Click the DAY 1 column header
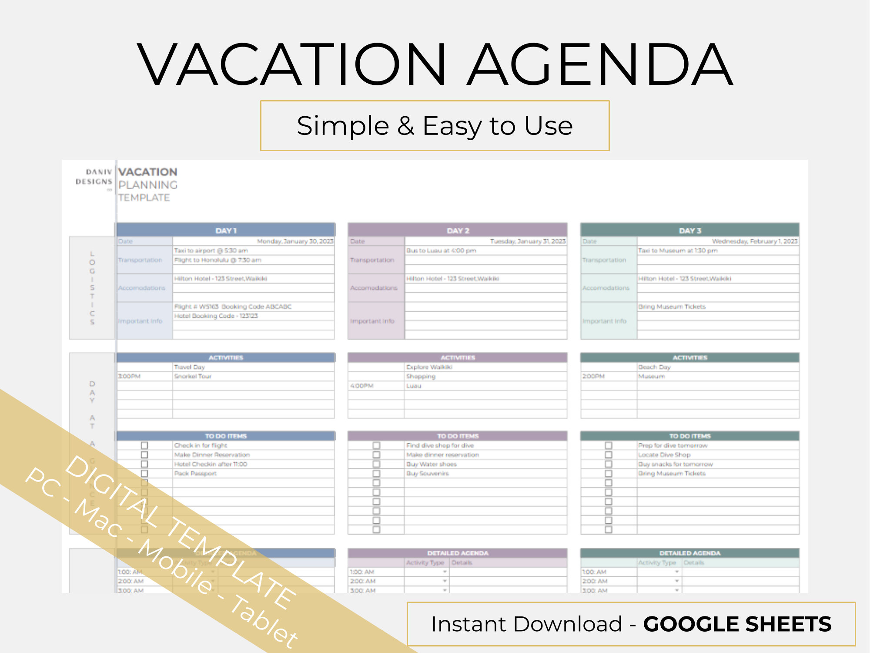(x=226, y=230)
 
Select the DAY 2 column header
(x=458, y=230)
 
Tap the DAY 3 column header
(x=690, y=230)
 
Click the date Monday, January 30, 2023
(x=295, y=241)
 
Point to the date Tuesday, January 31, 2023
(x=528, y=241)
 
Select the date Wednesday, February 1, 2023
(x=754, y=241)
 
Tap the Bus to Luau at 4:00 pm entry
(x=441, y=251)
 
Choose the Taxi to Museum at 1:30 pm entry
(x=677, y=251)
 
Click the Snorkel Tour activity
(x=193, y=376)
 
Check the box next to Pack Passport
(x=144, y=473)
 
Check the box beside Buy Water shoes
(x=376, y=464)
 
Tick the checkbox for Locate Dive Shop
(x=609, y=455)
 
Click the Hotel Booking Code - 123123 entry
(x=216, y=316)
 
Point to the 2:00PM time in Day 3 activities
(x=593, y=376)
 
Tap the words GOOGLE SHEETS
(x=737, y=624)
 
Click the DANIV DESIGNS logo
(x=94, y=177)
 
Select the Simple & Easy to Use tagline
(x=435, y=126)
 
